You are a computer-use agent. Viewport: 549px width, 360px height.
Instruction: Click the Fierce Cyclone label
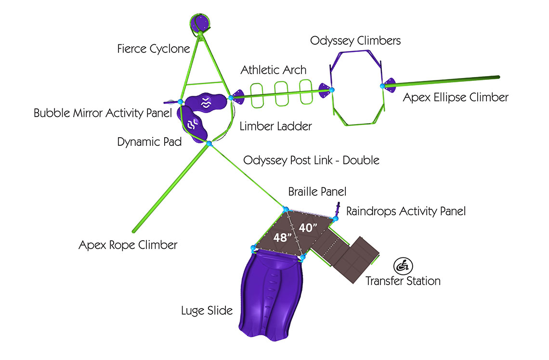pos(154,49)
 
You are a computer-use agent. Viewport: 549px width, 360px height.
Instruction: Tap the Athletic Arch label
pos(273,70)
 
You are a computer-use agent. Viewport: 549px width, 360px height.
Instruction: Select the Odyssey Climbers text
pos(355,40)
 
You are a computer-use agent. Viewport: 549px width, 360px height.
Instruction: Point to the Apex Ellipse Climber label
pos(455,98)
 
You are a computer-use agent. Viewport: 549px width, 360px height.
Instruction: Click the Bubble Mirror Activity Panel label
pos(103,114)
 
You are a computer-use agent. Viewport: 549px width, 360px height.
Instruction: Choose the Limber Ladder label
pos(276,127)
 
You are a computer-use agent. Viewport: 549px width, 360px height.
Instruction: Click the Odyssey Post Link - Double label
pos(311,160)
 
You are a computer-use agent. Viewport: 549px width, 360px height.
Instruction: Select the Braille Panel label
pos(317,192)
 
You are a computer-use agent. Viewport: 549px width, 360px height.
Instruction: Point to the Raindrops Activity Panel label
pos(406,211)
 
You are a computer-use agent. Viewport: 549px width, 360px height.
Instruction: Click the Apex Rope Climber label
pos(128,245)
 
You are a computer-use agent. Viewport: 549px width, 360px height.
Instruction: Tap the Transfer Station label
pos(403,281)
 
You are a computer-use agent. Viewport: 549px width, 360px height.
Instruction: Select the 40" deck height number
pos(307,228)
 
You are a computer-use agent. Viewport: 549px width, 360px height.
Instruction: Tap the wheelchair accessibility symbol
pos(402,265)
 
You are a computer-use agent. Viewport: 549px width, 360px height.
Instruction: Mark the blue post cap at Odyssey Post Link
pos(209,143)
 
